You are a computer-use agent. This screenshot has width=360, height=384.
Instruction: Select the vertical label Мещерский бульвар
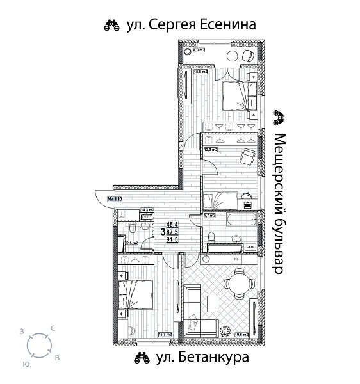(x=278, y=204)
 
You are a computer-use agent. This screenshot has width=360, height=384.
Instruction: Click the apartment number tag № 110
(x=115, y=199)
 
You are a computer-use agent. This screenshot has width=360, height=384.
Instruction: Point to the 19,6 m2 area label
(x=241, y=333)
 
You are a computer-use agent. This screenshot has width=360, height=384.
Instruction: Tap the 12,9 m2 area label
(x=211, y=150)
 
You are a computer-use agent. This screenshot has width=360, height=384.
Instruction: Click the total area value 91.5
(x=172, y=239)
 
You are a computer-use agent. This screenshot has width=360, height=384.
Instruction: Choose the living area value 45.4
(x=172, y=224)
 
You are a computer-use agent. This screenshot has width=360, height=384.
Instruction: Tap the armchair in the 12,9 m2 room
(x=246, y=157)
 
